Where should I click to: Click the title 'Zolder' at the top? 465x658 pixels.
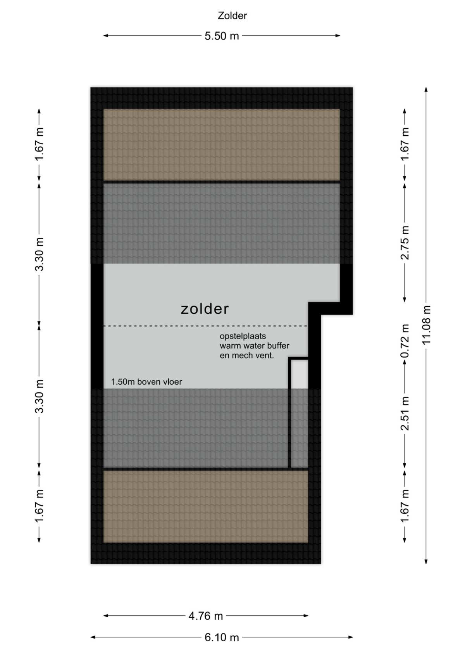[x=232, y=16]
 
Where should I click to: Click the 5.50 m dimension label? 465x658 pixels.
[x=222, y=36]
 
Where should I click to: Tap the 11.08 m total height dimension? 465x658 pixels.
[x=426, y=325]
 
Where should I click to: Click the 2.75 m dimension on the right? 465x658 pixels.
[x=405, y=243]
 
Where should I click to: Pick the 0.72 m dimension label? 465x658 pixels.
[x=405, y=341]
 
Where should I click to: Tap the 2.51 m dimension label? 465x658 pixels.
[x=405, y=413]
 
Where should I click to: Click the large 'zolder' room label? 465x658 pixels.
[x=205, y=309]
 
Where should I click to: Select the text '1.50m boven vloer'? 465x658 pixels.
[x=146, y=382]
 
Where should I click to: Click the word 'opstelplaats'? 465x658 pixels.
[x=243, y=336]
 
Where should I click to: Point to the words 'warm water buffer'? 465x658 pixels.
[x=255, y=345]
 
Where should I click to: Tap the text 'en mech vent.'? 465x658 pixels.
[x=247, y=356]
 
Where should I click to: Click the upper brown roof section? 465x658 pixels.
[x=222, y=145]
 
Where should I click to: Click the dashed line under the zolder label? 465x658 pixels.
[x=206, y=326]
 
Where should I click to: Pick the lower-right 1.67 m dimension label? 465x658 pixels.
[x=405, y=506]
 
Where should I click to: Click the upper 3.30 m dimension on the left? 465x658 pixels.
[x=40, y=254]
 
